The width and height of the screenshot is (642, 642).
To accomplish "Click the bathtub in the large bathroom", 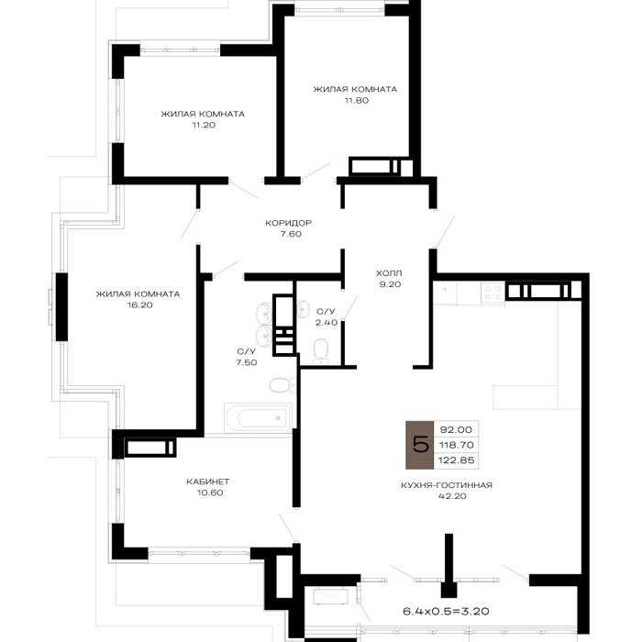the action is (x=258, y=417).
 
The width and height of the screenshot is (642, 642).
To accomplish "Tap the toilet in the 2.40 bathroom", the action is (x=321, y=351).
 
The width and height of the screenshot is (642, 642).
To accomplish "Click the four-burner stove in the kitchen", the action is (x=493, y=293).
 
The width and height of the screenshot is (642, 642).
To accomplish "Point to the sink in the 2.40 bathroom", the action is (x=303, y=308).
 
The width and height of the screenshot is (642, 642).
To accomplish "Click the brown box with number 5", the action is (x=420, y=445).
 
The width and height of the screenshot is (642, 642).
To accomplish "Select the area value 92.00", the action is (x=456, y=429).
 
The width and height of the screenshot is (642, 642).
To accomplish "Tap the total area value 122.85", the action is (x=456, y=460).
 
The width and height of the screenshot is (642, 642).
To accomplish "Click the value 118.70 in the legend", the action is (x=456, y=445).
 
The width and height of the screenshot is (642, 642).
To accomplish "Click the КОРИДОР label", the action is (x=289, y=223).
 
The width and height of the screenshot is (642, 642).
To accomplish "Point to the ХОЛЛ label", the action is (x=389, y=273).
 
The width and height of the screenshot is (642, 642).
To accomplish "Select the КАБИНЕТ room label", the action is (x=208, y=481).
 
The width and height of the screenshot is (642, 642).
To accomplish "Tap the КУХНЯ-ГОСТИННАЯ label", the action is (x=447, y=485).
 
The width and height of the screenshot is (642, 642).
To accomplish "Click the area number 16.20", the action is (x=140, y=305).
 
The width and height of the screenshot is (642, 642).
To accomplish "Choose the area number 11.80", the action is (x=357, y=100).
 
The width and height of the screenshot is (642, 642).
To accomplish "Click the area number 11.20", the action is (x=204, y=125).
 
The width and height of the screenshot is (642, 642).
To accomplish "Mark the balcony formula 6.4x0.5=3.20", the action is (x=446, y=612).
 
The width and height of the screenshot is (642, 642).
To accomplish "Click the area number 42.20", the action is (x=452, y=496).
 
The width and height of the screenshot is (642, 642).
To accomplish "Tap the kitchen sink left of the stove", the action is (x=446, y=293).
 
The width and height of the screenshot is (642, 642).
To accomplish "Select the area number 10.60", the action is (x=210, y=493).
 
